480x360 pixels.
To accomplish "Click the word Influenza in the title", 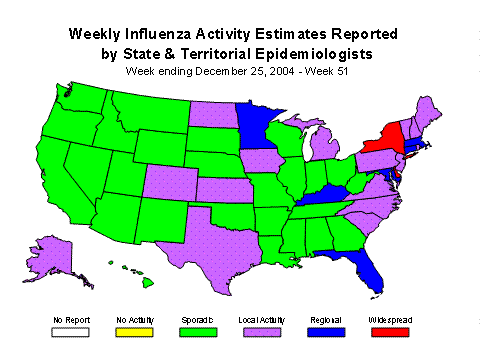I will point(196,33).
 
